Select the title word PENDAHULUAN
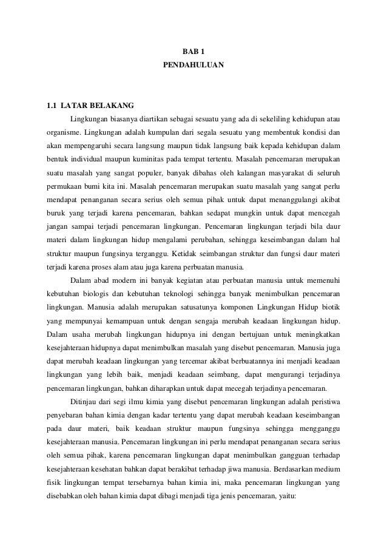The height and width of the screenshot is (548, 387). tap(193, 63)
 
